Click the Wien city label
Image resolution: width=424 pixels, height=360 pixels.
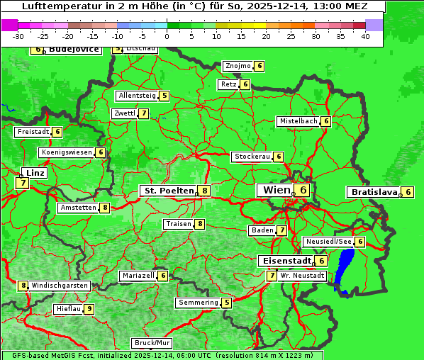point(276,190)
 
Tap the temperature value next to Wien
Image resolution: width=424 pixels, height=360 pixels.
point(303,190)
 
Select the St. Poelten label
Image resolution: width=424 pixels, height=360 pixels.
point(168,191)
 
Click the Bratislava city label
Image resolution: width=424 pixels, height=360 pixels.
point(374,192)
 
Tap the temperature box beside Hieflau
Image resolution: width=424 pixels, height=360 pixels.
point(89,309)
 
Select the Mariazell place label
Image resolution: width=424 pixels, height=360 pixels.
point(138,275)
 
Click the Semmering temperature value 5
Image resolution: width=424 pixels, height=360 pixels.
point(227,303)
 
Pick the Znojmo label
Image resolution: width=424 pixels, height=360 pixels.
point(238,66)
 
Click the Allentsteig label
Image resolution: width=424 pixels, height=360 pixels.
point(137,96)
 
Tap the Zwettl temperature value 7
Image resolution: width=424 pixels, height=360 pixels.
point(144,113)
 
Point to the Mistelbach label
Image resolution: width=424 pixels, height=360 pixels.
point(298,121)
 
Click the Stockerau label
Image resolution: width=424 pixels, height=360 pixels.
point(252,157)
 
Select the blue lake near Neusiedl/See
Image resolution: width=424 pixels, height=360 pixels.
point(345,268)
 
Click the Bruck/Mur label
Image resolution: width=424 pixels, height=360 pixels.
point(152,343)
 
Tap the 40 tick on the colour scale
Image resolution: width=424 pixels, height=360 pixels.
point(364,36)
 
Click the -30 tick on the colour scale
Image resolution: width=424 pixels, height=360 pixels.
point(18,36)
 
